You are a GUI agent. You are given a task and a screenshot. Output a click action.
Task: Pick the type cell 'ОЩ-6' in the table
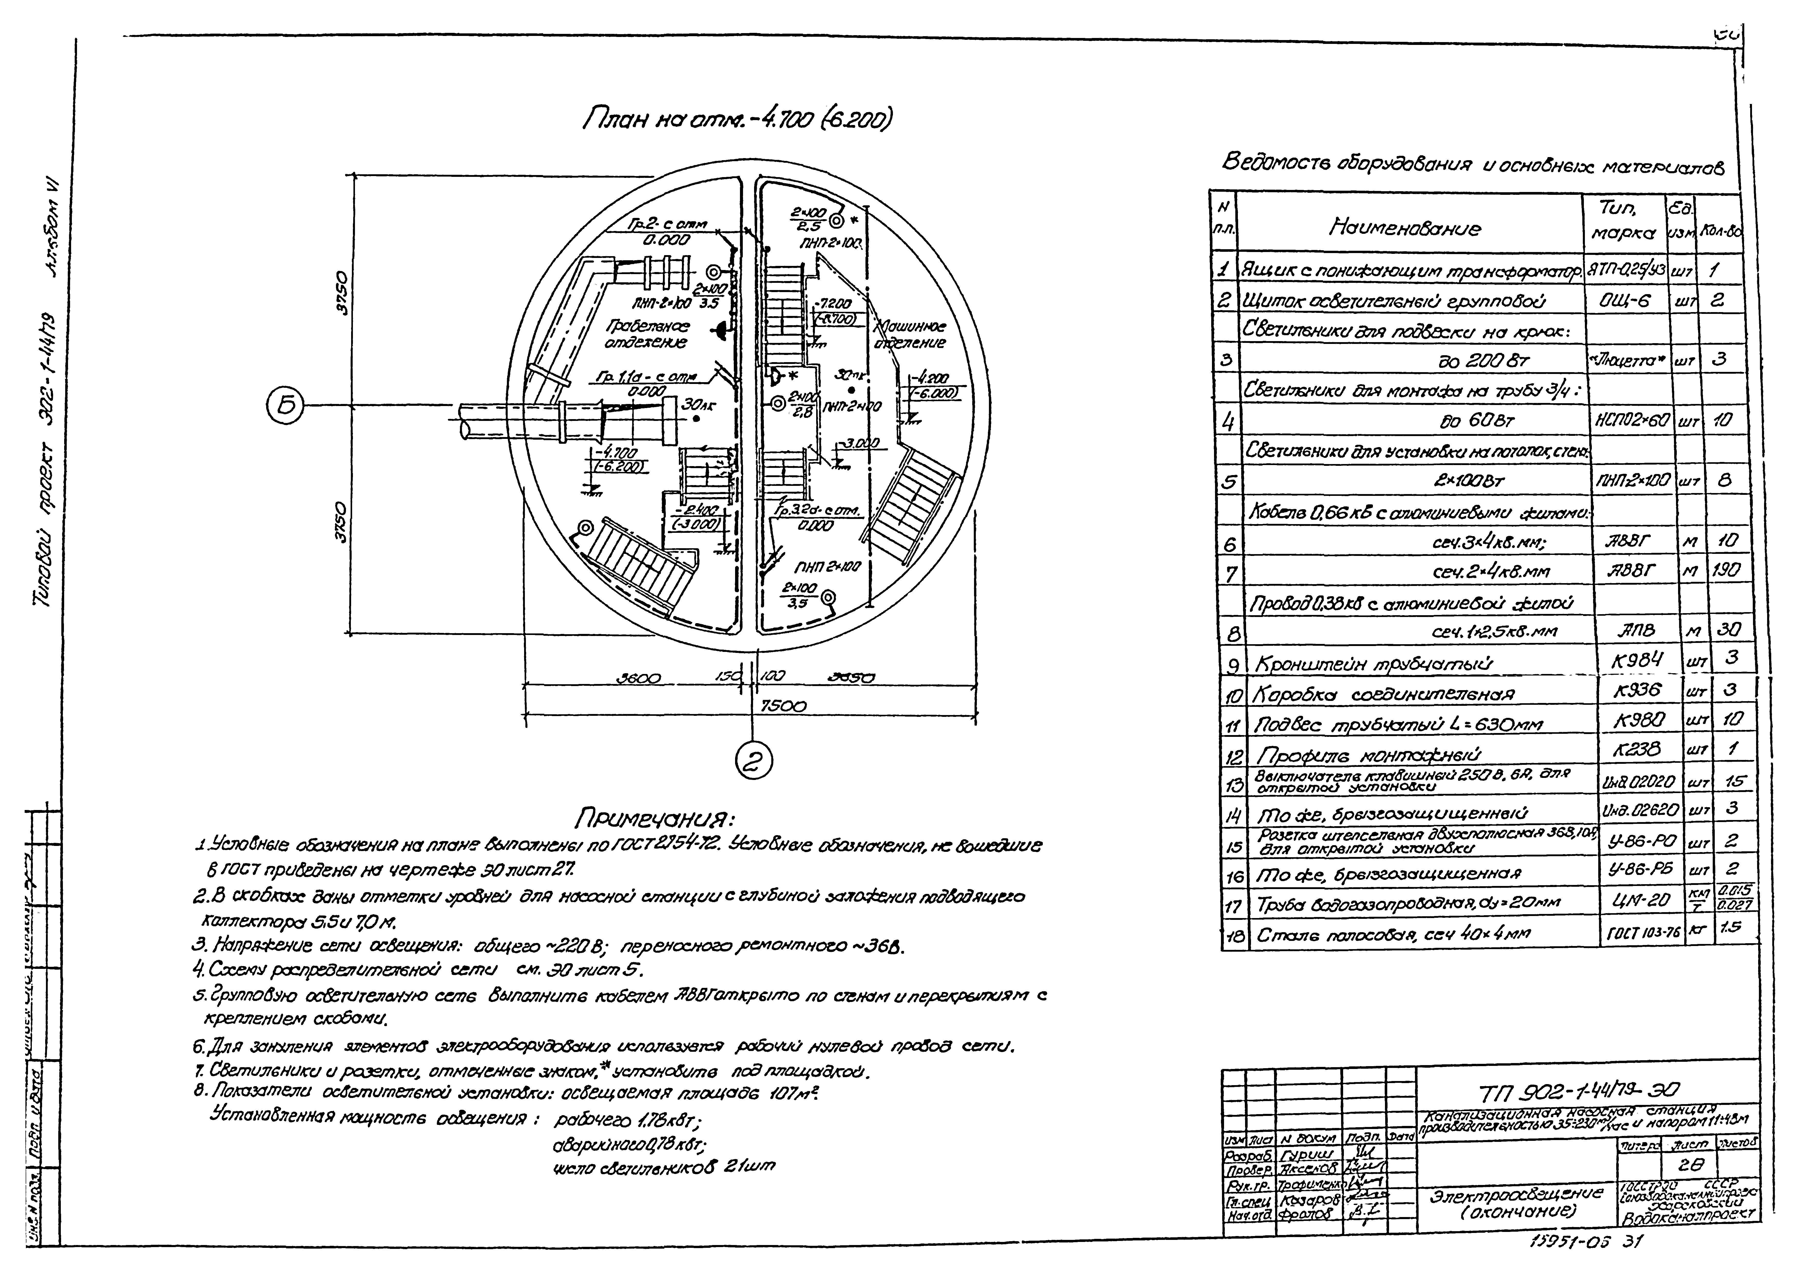(x=1628, y=300)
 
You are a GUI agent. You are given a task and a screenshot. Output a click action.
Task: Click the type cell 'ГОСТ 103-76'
(x=1639, y=934)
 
